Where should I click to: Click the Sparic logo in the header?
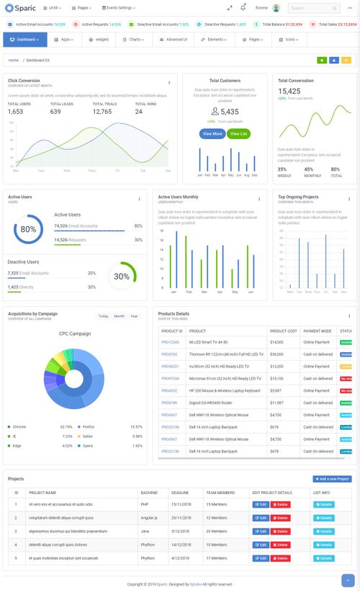(x=21, y=8)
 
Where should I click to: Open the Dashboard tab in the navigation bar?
(x=27, y=40)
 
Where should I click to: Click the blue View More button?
(x=212, y=134)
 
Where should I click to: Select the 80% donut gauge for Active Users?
(x=28, y=230)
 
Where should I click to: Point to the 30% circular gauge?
(x=122, y=276)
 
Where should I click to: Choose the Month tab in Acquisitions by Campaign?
(x=119, y=316)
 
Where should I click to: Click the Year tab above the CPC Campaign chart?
(x=134, y=316)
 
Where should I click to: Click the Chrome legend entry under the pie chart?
(x=19, y=427)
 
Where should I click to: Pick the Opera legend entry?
(x=88, y=446)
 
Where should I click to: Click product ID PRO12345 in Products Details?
(x=170, y=342)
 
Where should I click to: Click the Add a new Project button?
(x=332, y=479)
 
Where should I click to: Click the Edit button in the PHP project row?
(x=261, y=505)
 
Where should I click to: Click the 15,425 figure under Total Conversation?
(x=289, y=91)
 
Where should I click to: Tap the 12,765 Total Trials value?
(x=102, y=112)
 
